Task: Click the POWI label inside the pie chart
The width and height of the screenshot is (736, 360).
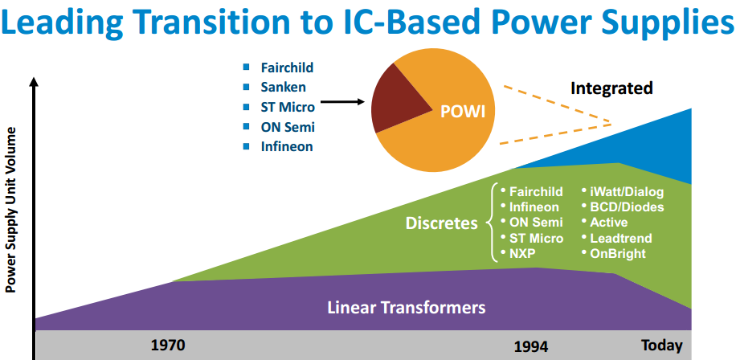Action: [463, 110]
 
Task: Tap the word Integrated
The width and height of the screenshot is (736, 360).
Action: [611, 88]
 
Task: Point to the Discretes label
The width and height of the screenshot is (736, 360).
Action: [441, 223]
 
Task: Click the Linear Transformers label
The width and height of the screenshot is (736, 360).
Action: [407, 307]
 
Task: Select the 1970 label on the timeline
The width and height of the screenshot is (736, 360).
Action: [168, 346]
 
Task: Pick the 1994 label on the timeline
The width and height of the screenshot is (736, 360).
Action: [531, 346]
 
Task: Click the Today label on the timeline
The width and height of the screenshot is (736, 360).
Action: [661, 346]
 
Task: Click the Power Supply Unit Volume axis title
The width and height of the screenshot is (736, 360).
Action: [11, 208]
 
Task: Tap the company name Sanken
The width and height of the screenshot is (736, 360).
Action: [282, 86]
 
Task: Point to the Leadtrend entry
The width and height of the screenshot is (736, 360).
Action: [620, 238]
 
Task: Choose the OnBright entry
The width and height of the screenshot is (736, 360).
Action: [617, 254]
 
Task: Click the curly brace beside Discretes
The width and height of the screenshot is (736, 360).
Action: [491, 223]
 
